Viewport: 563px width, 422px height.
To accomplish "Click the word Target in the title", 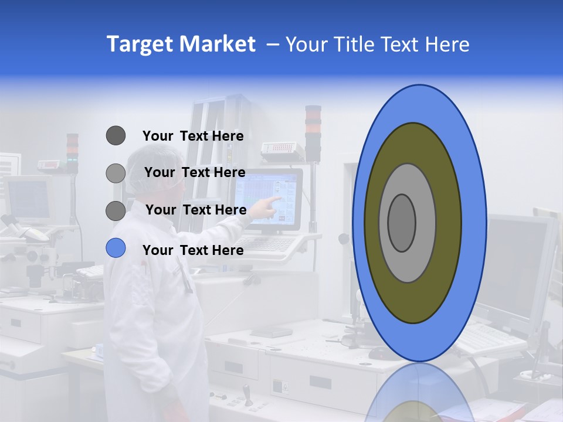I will [x=140, y=44].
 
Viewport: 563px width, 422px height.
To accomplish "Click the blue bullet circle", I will [x=116, y=248].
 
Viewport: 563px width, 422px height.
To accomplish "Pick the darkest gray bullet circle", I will [x=116, y=136].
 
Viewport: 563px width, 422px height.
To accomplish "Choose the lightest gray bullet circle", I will [x=116, y=173].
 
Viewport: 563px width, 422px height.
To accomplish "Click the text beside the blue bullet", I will [x=193, y=250].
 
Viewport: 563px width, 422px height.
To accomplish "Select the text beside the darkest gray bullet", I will [x=193, y=136].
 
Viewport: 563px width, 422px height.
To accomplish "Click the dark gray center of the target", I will [x=402, y=223].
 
